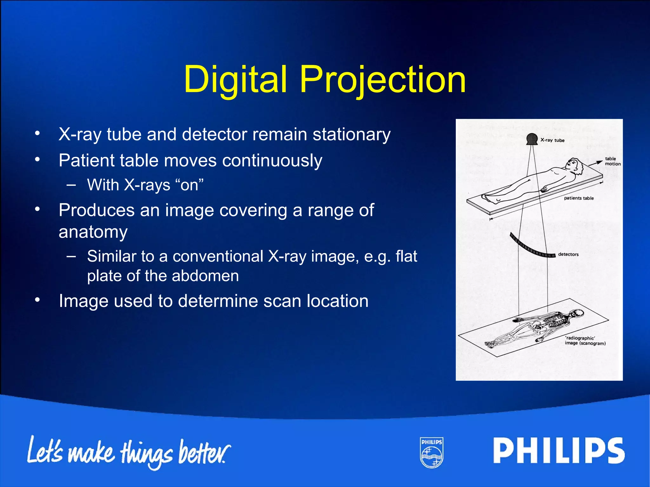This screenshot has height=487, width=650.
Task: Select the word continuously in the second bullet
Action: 272,160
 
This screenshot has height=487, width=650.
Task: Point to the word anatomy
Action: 93,232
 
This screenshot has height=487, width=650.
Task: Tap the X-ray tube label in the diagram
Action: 553,140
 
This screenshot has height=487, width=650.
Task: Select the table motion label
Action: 612,161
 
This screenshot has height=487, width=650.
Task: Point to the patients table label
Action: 579,198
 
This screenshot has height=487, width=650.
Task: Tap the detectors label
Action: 568,254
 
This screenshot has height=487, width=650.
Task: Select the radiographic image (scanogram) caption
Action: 585,341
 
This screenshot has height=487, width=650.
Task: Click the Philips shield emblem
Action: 431,452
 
